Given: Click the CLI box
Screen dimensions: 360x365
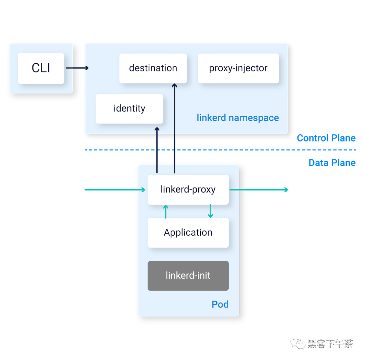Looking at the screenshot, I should (41, 68).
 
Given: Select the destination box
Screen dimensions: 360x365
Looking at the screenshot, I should (153, 68).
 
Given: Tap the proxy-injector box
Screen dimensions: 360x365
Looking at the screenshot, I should (238, 68).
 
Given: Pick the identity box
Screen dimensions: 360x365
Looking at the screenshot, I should (129, 109).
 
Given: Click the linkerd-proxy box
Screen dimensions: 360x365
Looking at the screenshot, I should (188, 189).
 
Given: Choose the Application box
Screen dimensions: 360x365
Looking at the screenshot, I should (188, 233).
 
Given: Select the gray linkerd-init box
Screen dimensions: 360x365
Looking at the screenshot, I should (188, 276).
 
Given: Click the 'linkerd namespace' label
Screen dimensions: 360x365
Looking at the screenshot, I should (238, 118).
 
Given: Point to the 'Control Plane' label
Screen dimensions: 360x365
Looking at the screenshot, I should (326, 138).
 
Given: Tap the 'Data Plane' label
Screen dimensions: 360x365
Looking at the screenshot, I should (332, 163).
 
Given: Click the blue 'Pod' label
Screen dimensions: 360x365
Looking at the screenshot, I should (220, 304).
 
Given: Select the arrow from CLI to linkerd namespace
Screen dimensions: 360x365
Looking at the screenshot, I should (77, 68).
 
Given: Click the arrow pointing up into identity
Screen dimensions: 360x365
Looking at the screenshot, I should (157, 149).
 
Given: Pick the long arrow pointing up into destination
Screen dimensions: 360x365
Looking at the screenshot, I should (174, 128).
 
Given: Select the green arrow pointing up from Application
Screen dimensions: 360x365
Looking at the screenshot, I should (166, 212).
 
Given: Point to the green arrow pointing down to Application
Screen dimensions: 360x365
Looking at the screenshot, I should (210, 211).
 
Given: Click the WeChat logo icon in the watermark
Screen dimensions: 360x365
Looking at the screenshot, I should (298, 343).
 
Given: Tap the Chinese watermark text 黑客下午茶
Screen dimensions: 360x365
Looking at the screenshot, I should (330, 344).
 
